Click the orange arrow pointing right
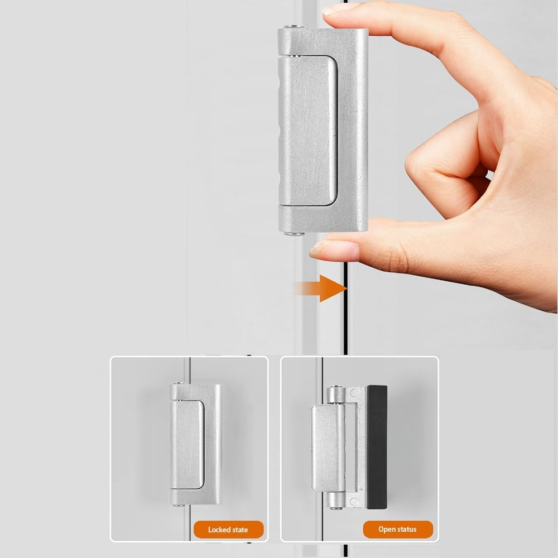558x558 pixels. tap(329, 288)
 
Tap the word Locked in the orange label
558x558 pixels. tap(219, 530)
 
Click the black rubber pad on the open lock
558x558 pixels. tap(377, 447)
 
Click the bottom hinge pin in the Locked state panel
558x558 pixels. tap(177, 505)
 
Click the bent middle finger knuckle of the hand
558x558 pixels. tap(416, 167)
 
